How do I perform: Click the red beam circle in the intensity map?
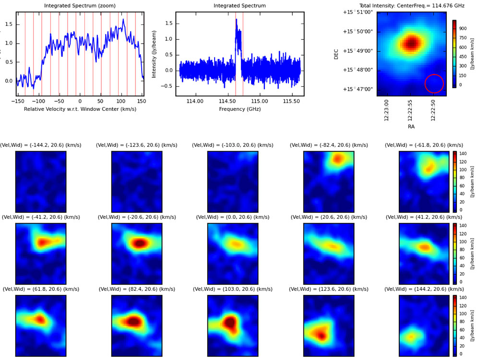(434, 84)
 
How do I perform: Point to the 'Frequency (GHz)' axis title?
(240, 109)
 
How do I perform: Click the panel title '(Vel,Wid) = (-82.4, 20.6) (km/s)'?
(329, 145)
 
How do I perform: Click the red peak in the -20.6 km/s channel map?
(139, 243)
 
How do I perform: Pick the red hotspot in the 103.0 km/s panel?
(231, 323)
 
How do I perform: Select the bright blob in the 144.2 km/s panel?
(410, 337)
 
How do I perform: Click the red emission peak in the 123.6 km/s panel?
(320, 335)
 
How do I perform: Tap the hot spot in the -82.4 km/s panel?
(338, 158)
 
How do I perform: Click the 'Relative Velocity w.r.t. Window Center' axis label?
(80, 109)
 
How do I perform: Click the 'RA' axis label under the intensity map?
(411, 127)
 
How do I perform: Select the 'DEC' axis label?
(336, 54)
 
